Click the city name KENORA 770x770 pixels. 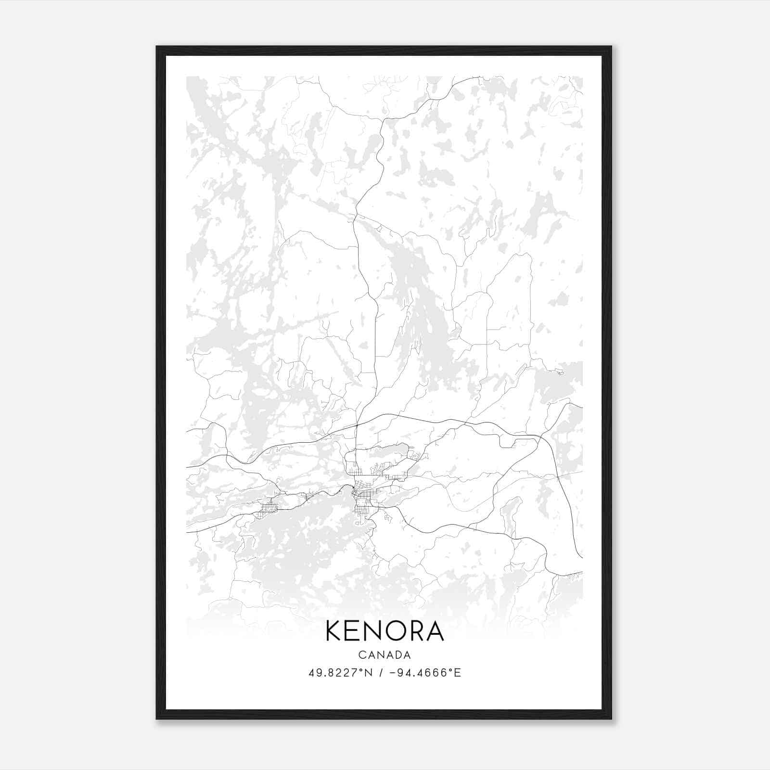(x=385, y=631)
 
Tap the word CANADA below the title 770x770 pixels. (x=385, y=655)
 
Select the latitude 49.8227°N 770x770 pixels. (x=341, y=673)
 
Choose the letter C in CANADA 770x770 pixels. (x=361, y=655)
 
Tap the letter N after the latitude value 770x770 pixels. (x=369, y=673)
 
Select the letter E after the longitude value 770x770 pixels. (x=458, y=673)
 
